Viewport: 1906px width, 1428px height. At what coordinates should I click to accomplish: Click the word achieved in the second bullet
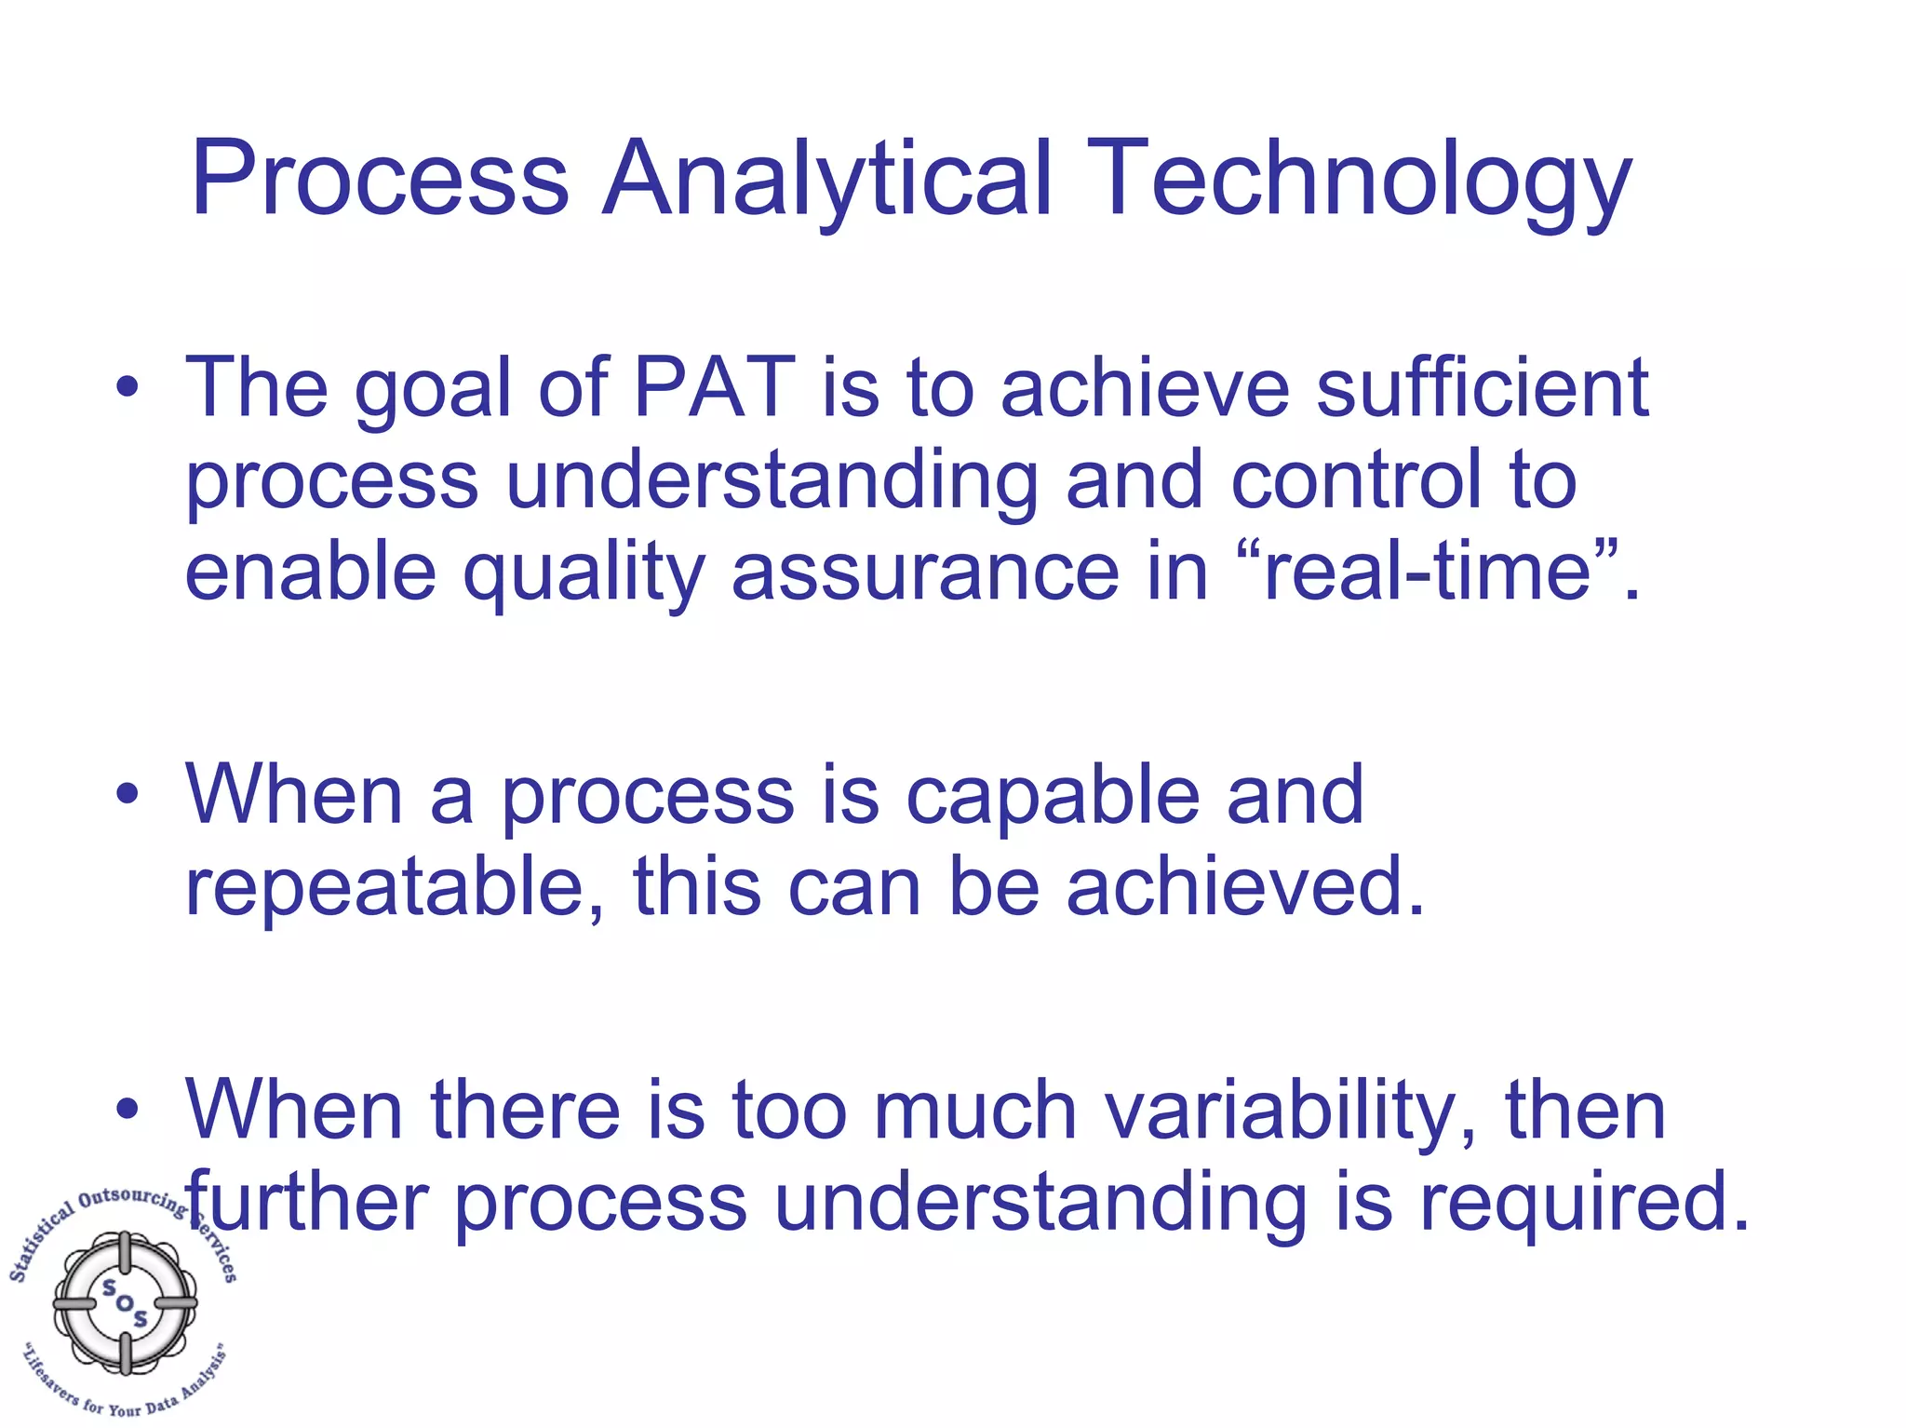coord(1244,886)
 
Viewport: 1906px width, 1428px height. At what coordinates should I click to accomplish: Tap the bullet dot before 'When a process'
coord(128,795)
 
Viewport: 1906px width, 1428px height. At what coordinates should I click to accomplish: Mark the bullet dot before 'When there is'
coord(128,1110)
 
